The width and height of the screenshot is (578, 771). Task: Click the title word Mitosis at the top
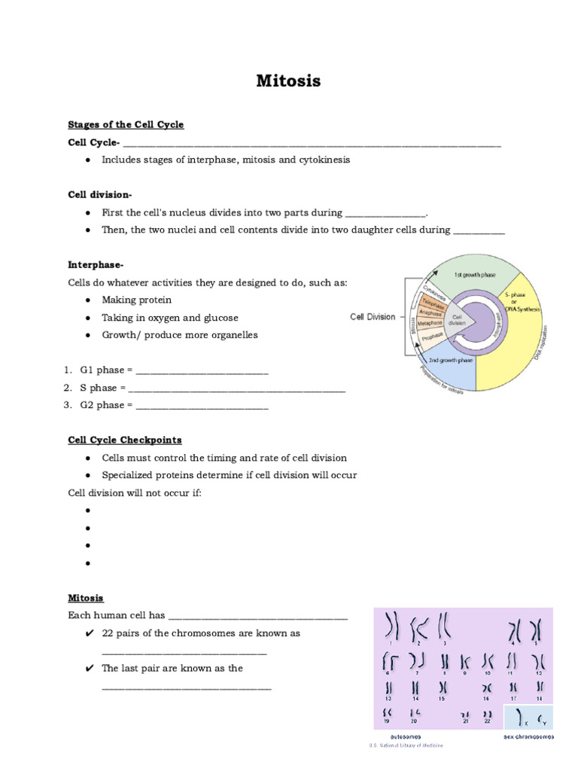[x=289, y=81]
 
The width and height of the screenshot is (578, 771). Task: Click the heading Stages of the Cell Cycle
[x=126, y=124]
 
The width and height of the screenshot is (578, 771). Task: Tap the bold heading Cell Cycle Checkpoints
[x=125, y=440]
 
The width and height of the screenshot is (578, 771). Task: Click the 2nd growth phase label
[x=450, y=361]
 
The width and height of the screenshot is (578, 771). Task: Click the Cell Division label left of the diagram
[x=373, y=317]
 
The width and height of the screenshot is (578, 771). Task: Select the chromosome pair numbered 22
[x=488, y=715]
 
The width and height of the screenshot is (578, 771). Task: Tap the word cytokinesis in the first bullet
[x=323, y=160]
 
